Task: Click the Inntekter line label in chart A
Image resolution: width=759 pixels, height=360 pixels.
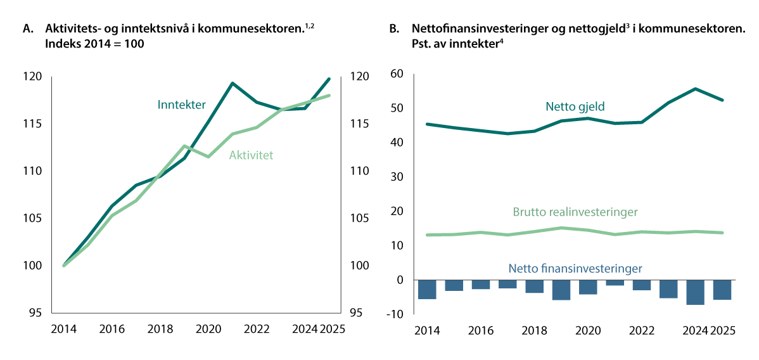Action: (x=181, y=105)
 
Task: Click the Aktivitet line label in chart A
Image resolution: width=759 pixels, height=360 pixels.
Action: (x=251, y=155)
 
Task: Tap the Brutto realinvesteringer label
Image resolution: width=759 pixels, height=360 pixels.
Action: (x=576, y=212)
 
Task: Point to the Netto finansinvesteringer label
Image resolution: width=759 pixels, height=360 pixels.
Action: (x=576, y=268)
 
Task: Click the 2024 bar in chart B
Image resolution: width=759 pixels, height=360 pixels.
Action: (x=696, y=292)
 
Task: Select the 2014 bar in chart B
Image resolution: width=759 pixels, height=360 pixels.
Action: (x=427, y=290)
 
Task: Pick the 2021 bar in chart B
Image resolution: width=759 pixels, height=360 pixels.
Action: (x=615, y=283)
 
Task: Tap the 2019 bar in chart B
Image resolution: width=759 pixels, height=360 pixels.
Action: (x=561, y=290)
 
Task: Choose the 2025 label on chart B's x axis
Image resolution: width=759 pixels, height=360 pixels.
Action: (x=723, y=330)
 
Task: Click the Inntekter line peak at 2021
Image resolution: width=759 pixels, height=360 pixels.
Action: (x=233, y=83)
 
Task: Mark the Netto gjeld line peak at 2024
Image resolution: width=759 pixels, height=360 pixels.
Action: (x=696, y=89)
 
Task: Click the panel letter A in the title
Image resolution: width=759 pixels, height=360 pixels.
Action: (x=27, y=29)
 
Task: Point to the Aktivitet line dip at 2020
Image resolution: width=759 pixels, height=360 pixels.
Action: (x=208, y=156)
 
